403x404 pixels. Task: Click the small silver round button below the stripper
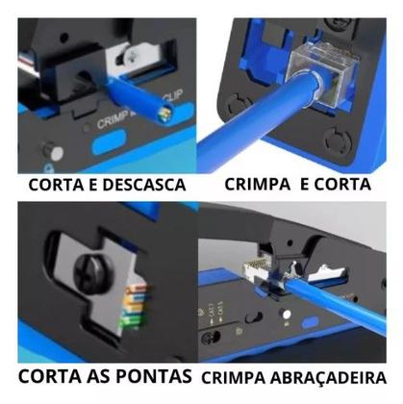[x=46, y=152]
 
